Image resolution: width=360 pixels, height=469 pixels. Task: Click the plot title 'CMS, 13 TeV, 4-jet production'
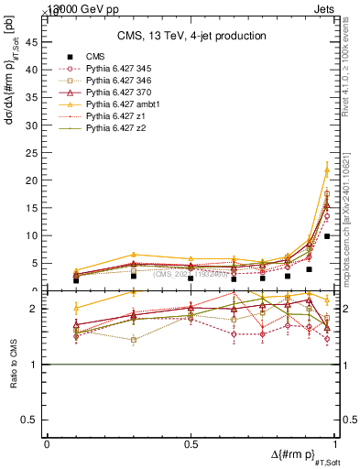click(192, 37)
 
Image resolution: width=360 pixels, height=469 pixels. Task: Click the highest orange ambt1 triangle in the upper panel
click(327, 169)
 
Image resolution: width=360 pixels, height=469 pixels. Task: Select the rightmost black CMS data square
click(327, 236)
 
